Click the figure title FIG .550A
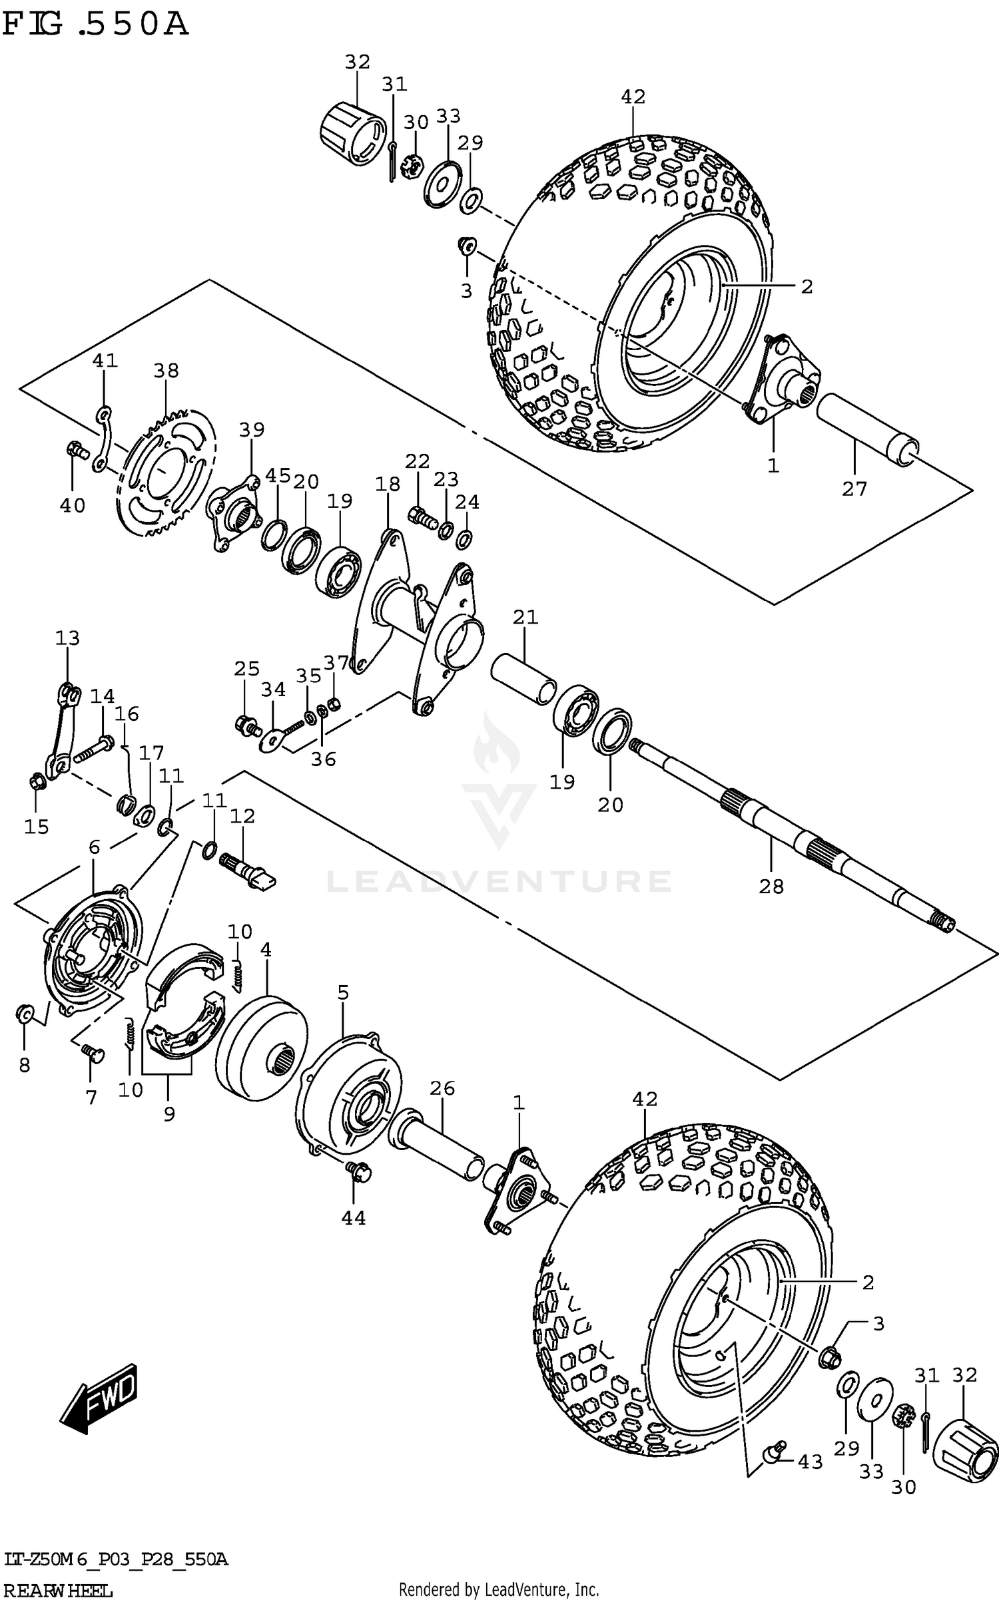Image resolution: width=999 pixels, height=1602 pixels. click(x=95, y=25)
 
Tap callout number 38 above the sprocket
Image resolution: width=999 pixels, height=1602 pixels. click(x=166, y=371)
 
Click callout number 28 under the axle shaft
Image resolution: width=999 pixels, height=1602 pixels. click(x=771, y=887)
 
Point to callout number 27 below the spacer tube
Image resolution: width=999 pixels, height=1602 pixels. click(x=854, y=489)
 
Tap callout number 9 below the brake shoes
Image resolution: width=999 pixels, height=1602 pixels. click(x=169, y=1114)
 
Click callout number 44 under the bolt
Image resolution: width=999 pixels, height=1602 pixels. click(x=354, y=1218)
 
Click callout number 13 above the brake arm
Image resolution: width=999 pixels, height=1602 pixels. click(x=67, y=638)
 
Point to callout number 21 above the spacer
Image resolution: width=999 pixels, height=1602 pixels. click(x=525, y=617)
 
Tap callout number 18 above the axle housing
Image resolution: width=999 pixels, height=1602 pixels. click(x=387, y=484)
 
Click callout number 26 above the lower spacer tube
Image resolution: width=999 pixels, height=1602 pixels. click(x=442, y=1089)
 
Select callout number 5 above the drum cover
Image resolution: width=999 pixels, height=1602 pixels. click(x=343, y=993)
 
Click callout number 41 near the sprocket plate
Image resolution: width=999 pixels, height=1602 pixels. click(x=105, y=361)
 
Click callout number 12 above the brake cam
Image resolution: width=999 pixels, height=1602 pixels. click(x=242, y=816)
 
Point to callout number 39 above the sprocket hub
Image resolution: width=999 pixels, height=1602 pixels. click(x=252, y=430)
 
